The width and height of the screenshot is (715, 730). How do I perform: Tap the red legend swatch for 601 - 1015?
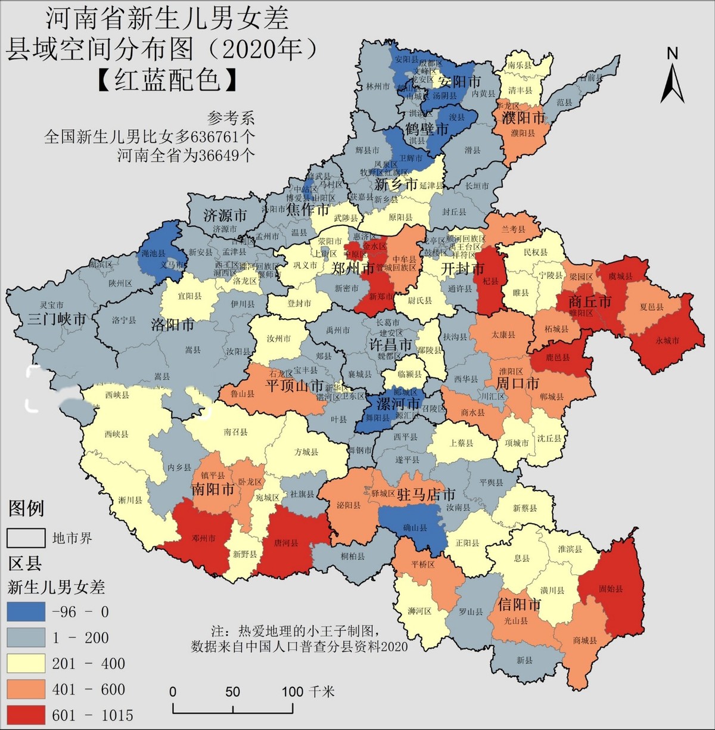[x=26, y=715]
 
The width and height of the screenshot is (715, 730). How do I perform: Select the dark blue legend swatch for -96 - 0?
[x=26, y=611]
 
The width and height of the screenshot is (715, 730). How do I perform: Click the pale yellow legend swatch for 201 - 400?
[x=26, y=663]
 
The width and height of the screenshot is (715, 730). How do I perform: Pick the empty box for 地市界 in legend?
[x=26, y=538]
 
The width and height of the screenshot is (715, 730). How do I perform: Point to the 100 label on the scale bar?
[x=293, y=691]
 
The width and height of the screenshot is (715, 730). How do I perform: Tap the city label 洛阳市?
[x=172, y=325]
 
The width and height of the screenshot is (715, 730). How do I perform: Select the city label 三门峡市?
[x=57, y=319]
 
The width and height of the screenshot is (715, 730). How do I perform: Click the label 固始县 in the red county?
[x=611, y=589]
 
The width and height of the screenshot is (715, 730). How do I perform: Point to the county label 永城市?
[x=667, y=340]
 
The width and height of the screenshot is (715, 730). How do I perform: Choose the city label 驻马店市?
[x=426, y=494]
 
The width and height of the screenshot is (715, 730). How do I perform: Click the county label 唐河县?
[x=285, y=543]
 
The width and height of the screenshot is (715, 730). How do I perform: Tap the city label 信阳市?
[x=519, y=605]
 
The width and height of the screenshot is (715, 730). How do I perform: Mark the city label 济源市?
[x=225, y=215]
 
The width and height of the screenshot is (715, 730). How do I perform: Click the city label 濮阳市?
[x=523, y=117]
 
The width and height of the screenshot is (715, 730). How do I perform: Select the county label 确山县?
[x=415, y=527]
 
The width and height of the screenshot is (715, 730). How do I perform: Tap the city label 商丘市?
[x=590, y=302]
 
